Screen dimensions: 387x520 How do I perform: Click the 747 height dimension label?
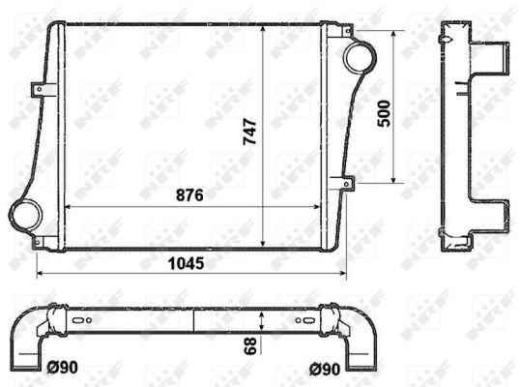249,132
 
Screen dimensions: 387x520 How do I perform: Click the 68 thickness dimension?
250,343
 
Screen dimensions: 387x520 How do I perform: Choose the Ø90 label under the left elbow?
63,368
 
